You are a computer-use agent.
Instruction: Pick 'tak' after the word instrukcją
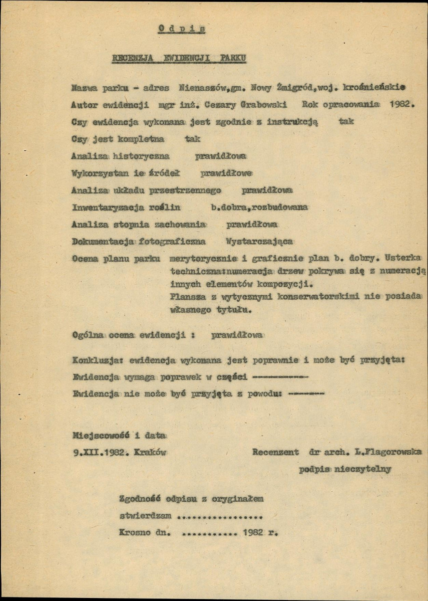pos(346,122)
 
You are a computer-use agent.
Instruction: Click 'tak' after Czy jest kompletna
pos(192,139)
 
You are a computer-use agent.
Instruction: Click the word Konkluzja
pos(97,360)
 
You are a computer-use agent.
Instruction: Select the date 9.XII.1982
pos(98,452)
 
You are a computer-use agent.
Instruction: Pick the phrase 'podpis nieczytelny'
pos(345,470)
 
